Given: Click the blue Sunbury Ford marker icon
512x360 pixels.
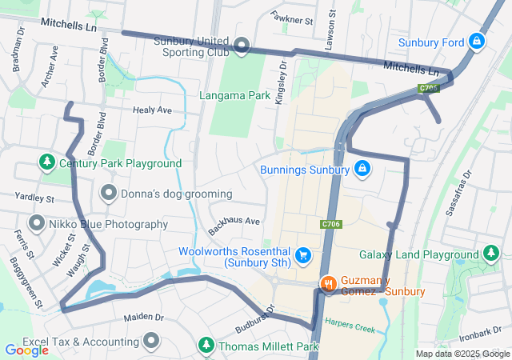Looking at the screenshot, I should tap(477, 40).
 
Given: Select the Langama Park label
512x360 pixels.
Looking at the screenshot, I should tap(235, 96).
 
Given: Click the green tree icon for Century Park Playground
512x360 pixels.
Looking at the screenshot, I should tap(47, 162).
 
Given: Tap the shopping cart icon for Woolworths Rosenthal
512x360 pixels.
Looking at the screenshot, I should tap(303, 255).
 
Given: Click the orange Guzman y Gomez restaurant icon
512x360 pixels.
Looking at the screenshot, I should tap(328, 283).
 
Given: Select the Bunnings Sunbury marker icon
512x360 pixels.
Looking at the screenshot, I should tap(362, 169).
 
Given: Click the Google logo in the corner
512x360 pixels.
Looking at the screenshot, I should tap(26, 350).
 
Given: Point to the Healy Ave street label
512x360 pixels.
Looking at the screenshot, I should tap(152, 110).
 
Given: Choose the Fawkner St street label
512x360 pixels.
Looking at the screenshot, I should tap(290, 17).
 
